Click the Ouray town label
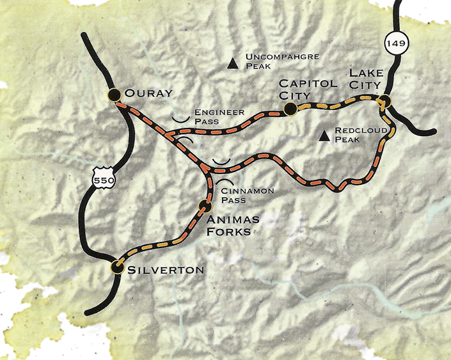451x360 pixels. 148,94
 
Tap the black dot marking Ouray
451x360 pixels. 115,95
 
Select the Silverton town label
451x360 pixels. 165,270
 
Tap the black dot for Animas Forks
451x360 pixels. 205,206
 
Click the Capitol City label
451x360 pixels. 299,90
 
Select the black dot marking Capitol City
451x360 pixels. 290,110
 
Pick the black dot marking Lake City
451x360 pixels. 384,101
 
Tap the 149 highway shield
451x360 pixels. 392,44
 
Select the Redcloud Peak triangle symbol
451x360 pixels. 325,135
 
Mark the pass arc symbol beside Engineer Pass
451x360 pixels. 181,118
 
